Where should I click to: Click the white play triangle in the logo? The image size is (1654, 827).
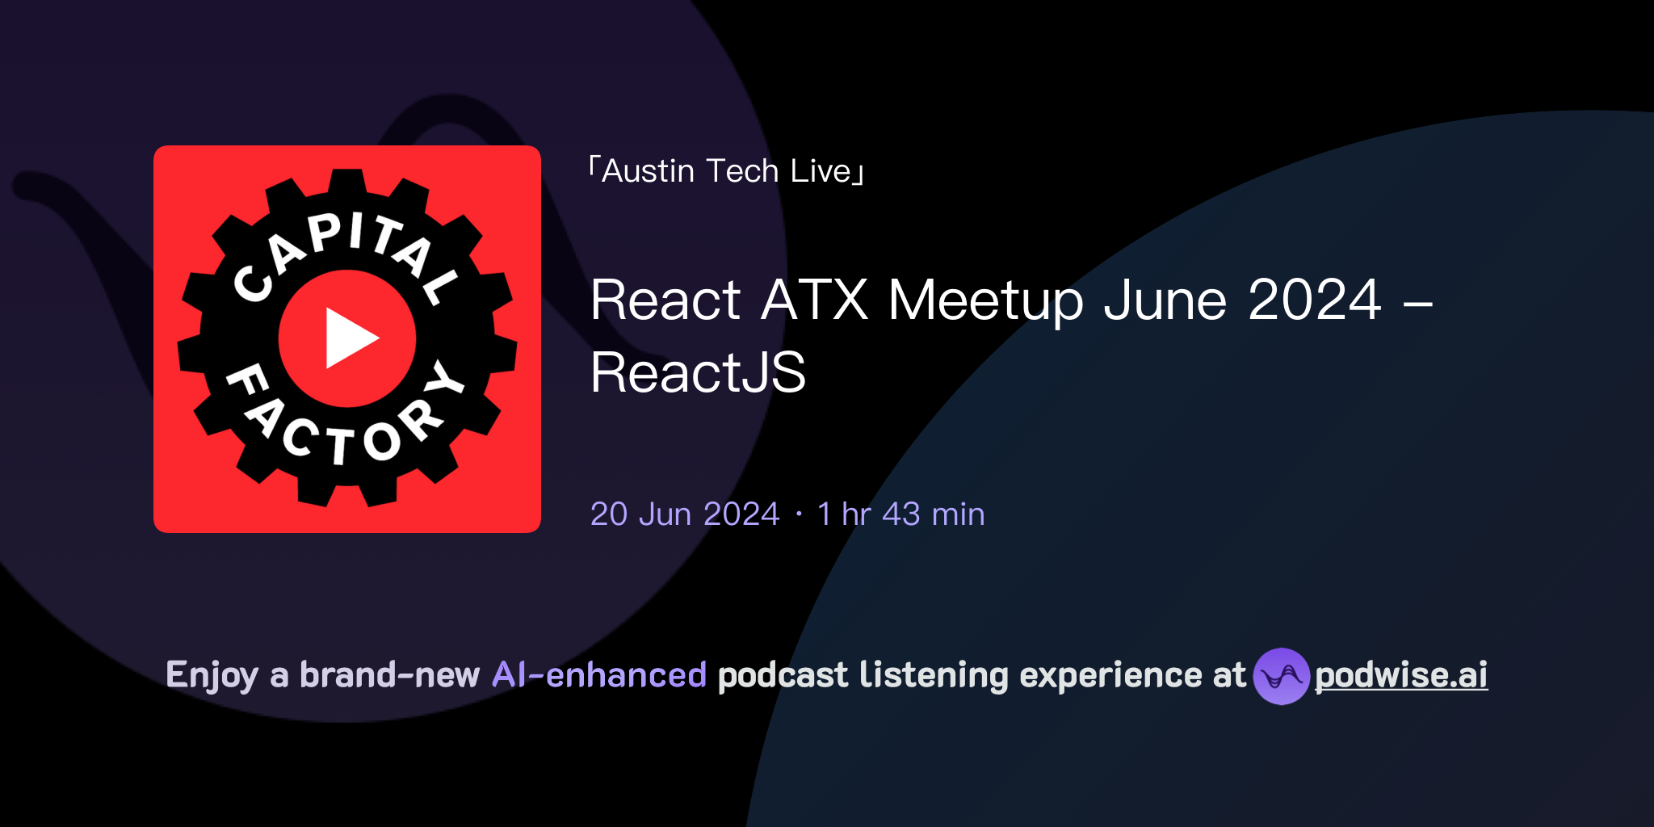point(349,338)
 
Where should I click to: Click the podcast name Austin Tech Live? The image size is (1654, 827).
point(727,171)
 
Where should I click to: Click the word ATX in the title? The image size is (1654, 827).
point(814,300)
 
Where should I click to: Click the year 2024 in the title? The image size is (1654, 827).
point(1314,300)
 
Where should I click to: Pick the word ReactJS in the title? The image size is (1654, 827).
point(698,373)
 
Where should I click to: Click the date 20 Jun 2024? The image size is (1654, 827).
point(685,514)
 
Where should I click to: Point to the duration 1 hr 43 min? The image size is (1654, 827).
point(900,514)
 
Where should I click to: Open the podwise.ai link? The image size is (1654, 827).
point(1401,675)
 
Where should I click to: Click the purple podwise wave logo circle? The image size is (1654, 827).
point(1281,676)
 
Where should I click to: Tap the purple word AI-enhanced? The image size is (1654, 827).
point(599,675)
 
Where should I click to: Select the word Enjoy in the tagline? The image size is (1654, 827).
point(212,676)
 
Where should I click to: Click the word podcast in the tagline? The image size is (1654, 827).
point(783,675)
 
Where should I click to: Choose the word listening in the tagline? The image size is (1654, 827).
point(934,676)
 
